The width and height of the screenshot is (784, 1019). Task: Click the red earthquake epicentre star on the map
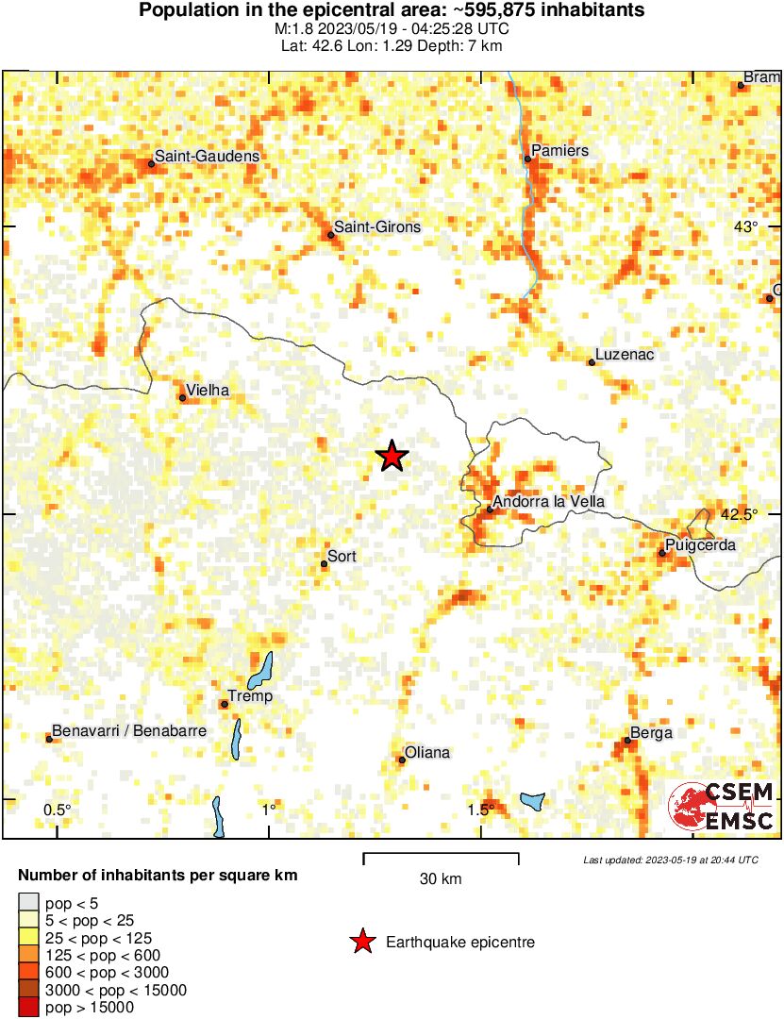[x=392, y=457]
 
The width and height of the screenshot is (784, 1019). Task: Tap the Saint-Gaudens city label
[x=207, y=157]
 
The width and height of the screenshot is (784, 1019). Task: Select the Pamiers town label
[x=560, y=150]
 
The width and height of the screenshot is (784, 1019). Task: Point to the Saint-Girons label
[x=377, y=227]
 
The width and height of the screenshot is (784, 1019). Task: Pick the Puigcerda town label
[x=700, y=545]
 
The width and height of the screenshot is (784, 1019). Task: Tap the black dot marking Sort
[x=325, y=564]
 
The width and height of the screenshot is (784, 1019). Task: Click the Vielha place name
[x=209, y=391]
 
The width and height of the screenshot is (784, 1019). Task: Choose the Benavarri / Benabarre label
[x=129, y=731]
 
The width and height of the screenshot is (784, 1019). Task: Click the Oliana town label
[x=427, y=753]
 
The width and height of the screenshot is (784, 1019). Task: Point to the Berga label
[x=651, y=733]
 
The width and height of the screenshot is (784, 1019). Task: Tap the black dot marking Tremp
[x=225, y=704]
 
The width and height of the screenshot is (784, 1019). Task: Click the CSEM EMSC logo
[x=722, y=807]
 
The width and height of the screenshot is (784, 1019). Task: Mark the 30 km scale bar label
[x=441, y=879]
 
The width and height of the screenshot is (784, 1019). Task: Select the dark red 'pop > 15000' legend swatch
[x=29, y=1008]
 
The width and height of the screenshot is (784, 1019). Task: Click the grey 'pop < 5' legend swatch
[x=29, y=904]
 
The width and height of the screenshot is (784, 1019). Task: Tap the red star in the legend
[x=360, y=942]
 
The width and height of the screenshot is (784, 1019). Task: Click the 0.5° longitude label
[x=58, y=810]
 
